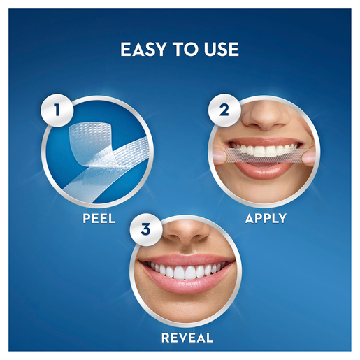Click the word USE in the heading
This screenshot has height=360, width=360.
click(x=220, y=50)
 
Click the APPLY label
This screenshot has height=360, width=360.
click(x=265, y=218)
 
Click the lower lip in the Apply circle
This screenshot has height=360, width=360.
click(x=266, y=172)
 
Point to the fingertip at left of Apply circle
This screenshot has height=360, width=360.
click(x=218, y=155)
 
